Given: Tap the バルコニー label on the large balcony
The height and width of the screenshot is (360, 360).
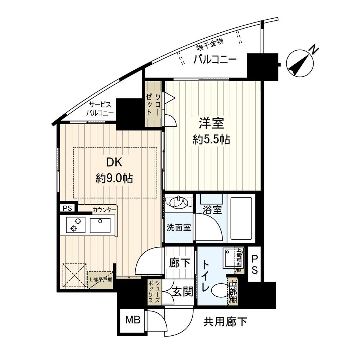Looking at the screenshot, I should point(214,60).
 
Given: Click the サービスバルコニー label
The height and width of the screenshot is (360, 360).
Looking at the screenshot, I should point(100,109).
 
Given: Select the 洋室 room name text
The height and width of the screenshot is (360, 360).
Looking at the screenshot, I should point(212,124).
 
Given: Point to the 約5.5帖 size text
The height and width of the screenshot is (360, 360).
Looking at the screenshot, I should point(211,140).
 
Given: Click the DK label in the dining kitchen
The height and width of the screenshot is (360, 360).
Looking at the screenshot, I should point(115,163).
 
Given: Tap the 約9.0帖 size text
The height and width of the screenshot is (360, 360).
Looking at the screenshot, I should point(114,179).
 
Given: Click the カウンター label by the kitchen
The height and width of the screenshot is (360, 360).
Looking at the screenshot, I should point(104,210).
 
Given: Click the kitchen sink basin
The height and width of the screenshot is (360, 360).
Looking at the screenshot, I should point(100,225).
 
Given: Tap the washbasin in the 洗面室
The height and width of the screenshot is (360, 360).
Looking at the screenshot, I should point(179,202).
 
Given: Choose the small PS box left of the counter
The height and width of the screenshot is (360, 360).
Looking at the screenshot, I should point(67,208).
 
